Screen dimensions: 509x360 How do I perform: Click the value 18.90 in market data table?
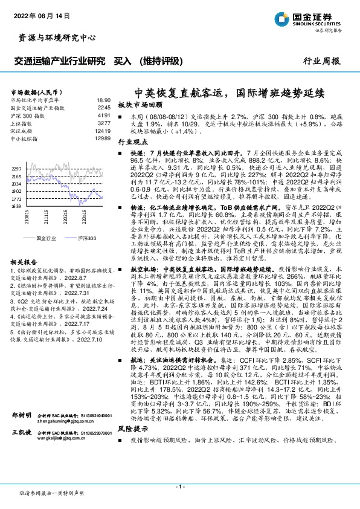[103, 100]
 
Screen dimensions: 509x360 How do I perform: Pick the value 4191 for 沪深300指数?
[103, 115]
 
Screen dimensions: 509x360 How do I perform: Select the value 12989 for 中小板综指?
[102, 138]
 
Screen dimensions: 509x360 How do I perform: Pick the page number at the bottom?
[179, 486]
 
